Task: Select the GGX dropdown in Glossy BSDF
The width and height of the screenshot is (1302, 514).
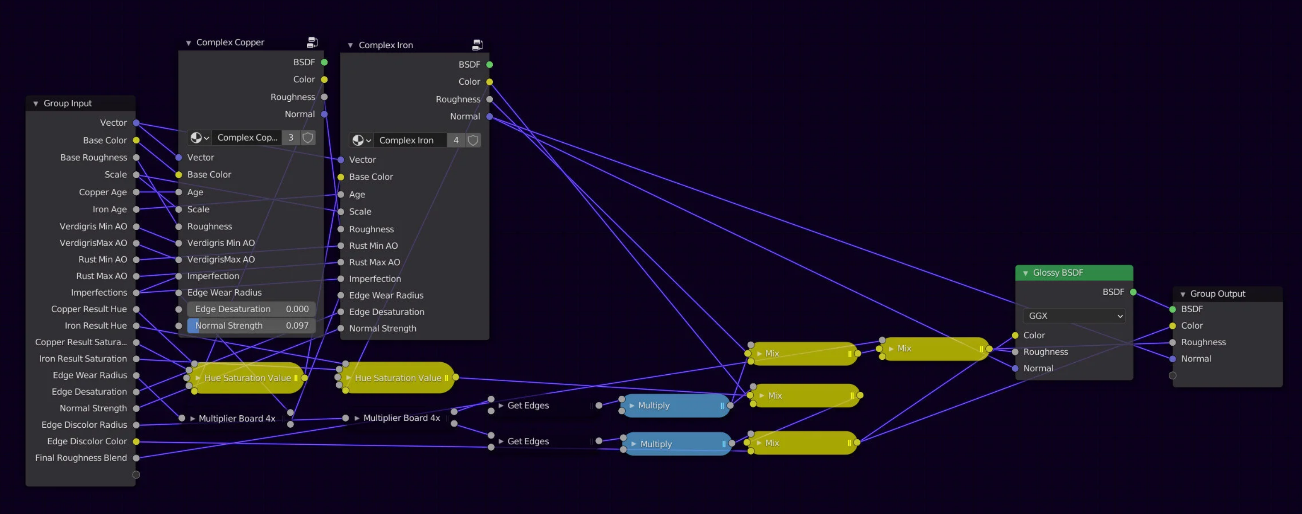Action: (x=1073, y=316)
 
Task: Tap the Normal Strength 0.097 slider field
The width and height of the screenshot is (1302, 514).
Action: (x=251, y=326)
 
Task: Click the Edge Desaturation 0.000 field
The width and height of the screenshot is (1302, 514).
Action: (x=251, y=309)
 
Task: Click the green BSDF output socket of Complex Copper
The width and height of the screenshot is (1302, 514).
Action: (x=324, y=62)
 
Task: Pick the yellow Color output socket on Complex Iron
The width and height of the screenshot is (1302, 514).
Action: (x=489, y=82)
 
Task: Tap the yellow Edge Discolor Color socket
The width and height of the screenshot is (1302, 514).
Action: (x=136, y=441)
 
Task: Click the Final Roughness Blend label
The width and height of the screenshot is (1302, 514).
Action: (x=81, y=458)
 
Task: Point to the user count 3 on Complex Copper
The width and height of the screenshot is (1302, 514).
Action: (x=291, y=138)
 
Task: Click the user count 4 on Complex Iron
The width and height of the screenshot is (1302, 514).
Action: (x=456, y=140)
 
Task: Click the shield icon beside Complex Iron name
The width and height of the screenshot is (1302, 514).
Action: (x=473, y=140)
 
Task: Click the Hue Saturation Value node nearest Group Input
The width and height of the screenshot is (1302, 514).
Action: (x=247, y=378)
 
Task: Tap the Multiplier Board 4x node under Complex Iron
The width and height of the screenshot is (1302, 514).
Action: (x=401, y=418)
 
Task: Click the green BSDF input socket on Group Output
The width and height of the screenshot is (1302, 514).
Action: (x=1173, y=309)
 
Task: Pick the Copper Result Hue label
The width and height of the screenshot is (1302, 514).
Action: (x=89, y=309)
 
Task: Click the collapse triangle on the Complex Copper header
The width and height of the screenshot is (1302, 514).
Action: (x=188, y=43)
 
